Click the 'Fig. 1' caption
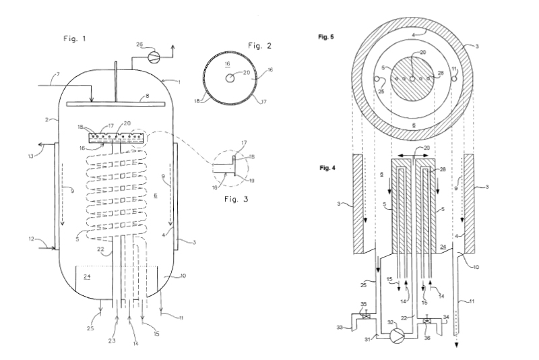[x=75, y=38]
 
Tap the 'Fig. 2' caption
[x=259, y=46]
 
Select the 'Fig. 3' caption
[x=236, y=199]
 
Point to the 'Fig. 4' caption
[x=327, y=168]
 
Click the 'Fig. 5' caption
[x=326, y=37]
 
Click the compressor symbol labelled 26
[x=154, y=57]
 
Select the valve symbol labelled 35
[x=367, y=316]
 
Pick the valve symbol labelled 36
[x=426, y=321]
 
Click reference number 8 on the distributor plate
[x=148, y=96]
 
